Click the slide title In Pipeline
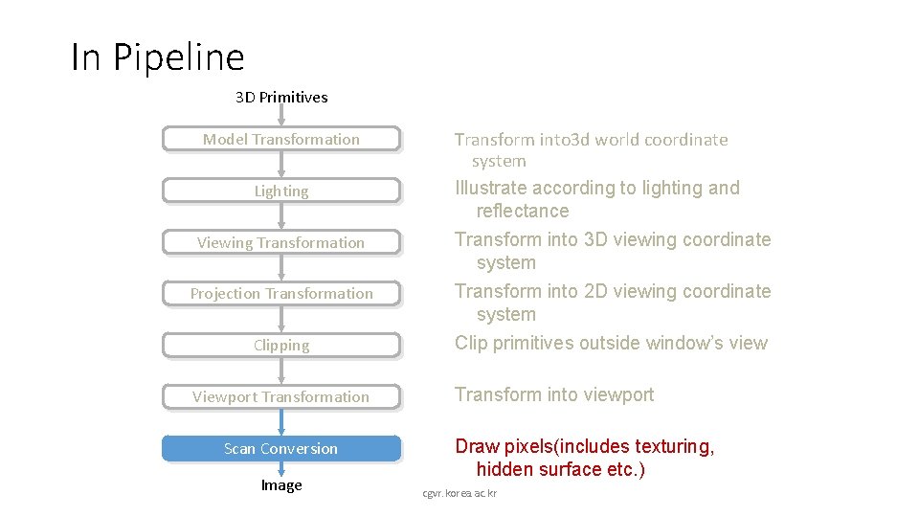(158, 57)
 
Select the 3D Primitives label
(281, 97)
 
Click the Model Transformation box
(280, 140)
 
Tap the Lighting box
(280, 191)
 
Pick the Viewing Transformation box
(280, 243)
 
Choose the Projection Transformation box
(280, 294)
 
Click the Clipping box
(280, 346)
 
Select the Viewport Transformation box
(280, 397)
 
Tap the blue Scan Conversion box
(280, 449)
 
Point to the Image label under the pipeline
(281, 485)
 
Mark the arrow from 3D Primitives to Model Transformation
(281, 116)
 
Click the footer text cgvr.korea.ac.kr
(459, 493)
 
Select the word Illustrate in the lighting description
(490, 188)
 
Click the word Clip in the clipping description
(471, 343)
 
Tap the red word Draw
(477, 446)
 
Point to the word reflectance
(523, 211)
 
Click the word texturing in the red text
(675, 446)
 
